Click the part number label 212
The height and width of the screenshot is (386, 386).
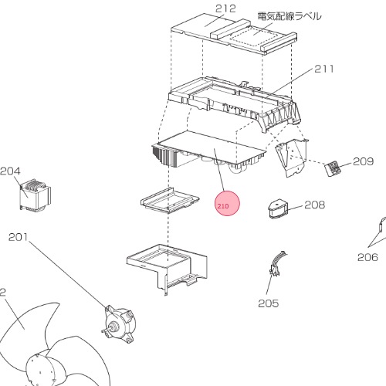point(225,8)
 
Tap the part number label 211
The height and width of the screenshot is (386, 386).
point(324,69)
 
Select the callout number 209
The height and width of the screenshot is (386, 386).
point(363,161)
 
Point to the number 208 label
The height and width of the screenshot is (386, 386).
point(315,205)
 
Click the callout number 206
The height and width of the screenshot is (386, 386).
point(367,257)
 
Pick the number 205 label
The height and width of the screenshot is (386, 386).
point(269,303)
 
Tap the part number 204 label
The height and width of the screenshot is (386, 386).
point(10,171)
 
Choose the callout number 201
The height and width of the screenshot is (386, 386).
point(18,237)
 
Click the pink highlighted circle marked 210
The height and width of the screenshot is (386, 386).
point(227,204)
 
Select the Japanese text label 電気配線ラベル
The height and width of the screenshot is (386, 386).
point(289,16)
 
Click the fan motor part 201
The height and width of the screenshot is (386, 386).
point(120,324)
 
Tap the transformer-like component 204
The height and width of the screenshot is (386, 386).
point(36,195)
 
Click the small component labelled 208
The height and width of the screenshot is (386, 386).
point(278,209)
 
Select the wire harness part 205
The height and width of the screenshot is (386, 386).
point(277,264)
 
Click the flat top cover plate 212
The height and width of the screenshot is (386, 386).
point(234,34)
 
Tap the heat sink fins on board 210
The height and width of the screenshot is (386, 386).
point(164,156)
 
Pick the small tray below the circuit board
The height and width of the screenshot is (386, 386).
point(170,200)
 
